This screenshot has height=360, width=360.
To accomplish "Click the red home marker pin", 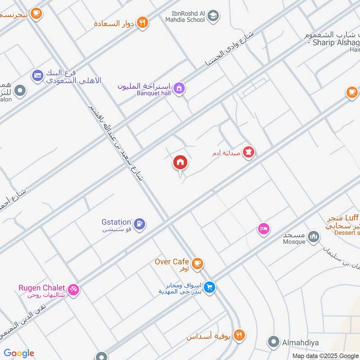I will [180, 162].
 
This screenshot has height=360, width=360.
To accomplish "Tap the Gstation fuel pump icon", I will [140, 223].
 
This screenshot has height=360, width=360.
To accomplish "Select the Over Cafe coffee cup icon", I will [197, 264].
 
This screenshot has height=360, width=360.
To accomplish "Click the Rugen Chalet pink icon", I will [74, 289].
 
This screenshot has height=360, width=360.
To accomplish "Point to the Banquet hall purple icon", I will [180, 88].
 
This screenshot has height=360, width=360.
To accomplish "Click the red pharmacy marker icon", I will [248, 153].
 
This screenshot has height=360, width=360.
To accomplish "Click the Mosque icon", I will [314, 236].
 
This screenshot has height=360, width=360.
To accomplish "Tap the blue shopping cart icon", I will [209, 287].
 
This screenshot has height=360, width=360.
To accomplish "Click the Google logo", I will [19, 353].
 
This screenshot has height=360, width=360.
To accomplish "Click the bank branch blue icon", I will [37, 75].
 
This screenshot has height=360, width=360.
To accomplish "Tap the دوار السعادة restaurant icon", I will [143, 22].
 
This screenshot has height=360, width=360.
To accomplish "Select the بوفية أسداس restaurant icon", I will [240, 335].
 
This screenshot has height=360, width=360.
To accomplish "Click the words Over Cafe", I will [171, 261].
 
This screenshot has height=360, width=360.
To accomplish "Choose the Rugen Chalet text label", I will [42, 288].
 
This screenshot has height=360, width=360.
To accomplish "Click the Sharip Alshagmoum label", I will [333, 43].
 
